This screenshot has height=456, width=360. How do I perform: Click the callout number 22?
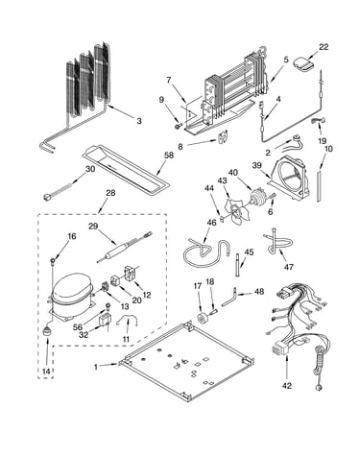click(x=324, y=47)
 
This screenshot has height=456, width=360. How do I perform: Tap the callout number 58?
click(x=169, y=156)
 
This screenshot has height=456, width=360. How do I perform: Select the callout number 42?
click(x=287, y=386)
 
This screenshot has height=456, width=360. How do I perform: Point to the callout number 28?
click(x=110, y=193)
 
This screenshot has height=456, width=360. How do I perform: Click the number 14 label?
click(x=46, y=372)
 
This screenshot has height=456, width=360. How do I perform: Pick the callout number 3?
click(x=139, y=121)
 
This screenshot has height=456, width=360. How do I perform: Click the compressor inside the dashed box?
click(x=72, y=296)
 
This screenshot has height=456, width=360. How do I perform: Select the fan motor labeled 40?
click(x=258, y=198)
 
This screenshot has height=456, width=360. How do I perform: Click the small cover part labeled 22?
click(x=304, y=63)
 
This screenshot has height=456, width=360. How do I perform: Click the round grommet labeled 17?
click(x=203, y=318)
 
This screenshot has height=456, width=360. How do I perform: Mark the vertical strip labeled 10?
click(x=319, y=186)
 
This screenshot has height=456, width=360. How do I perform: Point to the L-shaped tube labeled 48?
click(x=228, y=298)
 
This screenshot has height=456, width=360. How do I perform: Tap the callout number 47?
click(x=289, y=266)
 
